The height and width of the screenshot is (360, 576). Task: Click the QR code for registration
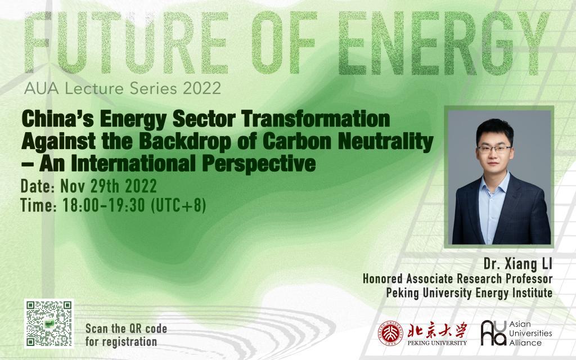coord(49,323)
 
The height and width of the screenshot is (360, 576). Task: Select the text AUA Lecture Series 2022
coord(118,89)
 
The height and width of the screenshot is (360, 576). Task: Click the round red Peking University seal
coord(390,332)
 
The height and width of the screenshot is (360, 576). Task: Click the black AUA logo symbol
coord(493,332)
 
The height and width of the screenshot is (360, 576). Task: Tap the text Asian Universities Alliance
coord(531,333)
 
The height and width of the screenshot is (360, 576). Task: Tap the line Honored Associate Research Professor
coord(457,279)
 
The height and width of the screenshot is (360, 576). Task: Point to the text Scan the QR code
coord(126,328)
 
